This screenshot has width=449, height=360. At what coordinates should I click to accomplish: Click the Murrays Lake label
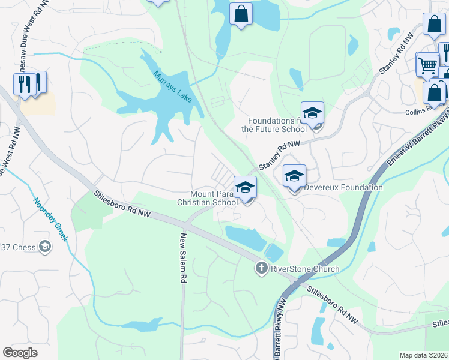click(x=172, y=86)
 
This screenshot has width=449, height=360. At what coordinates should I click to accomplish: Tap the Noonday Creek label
click(x=49, y=220)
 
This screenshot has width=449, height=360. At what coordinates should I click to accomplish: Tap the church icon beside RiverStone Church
click(x=261, y=268)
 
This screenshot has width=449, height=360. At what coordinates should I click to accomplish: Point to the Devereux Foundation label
click(x=343, y=187)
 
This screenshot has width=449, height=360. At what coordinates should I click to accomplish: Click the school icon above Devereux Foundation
click(x=294, y=176)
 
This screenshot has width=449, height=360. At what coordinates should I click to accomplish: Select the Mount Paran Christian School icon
click(x=245, y=188)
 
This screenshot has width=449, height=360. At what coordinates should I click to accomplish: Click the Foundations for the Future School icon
click(x=312, y=113)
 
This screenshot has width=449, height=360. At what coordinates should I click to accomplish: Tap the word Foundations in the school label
click(x=272, y=121)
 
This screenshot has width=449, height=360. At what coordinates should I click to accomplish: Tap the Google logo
click(x=20, y=352)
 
